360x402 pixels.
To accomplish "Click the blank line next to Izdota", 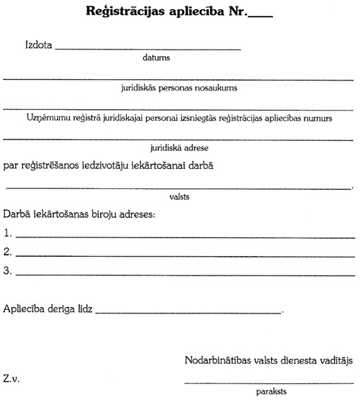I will click(x=148, y=50).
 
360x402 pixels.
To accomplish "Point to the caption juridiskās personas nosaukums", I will click(x=179, y=88).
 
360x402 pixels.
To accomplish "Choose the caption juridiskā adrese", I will click(x=179, y=147).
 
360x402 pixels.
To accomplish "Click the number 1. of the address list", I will click(x=8, y=232).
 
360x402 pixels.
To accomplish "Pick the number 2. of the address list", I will click(x=8, y=252).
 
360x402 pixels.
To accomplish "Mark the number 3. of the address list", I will click(x=8, y=271).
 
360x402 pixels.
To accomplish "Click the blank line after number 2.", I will click(x=186, y=255).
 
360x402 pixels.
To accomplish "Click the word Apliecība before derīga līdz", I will click(x=26, y=310).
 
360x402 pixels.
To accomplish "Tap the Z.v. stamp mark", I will click(x=13, y=378).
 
